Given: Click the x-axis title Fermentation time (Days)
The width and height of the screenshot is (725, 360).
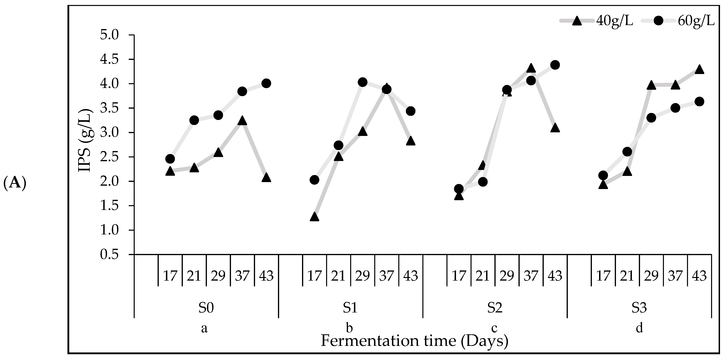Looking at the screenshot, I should pos(415,341).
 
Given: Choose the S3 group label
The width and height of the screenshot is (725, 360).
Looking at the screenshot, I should pos(639,308).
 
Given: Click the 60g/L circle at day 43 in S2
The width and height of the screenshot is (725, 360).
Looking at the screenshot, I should pos(555,65).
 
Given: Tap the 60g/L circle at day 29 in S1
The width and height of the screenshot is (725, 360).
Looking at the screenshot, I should pos(362,82).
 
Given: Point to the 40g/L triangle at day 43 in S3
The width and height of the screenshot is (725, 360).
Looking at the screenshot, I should pos(699,69).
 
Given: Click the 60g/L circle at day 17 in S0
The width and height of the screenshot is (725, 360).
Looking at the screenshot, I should pos(170,159).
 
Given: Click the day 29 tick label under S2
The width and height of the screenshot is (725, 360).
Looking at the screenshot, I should pos(507,276).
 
